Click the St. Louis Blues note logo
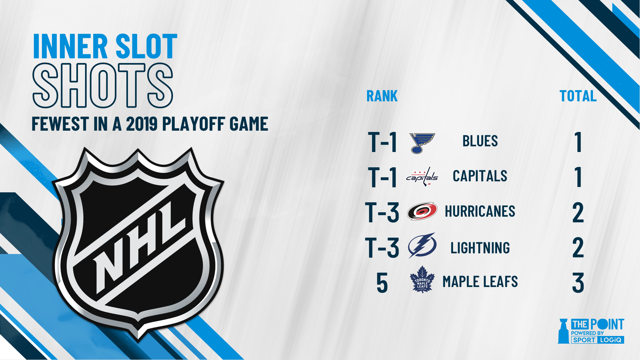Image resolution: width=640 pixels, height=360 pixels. (x=422, y=143)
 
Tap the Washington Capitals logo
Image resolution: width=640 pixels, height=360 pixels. (x=422, y=177)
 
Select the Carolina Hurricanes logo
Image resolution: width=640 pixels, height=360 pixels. (x=422, y=211)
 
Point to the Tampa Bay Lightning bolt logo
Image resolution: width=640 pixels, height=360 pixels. (x=422, y=246)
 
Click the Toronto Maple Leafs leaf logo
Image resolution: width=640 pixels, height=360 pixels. (x=422, y=280)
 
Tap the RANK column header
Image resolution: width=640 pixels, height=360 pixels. (x=382, y=96)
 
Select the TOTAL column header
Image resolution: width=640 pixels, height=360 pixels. (x=578, y=96)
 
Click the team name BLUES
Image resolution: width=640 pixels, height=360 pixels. (x=480, y=141)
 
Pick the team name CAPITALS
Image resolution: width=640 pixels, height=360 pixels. (x=480, y=176)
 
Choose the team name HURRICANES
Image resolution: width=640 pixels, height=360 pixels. (x=480, y=211)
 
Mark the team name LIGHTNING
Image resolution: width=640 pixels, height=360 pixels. (x=480, y=248)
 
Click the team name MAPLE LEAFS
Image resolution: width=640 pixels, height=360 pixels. (x=480, y=282)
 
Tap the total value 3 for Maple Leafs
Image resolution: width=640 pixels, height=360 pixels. (x=578, y=283)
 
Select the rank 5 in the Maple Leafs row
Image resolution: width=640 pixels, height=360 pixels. (x=382, y=283)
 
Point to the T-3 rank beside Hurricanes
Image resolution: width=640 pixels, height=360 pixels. (x=382, y=212)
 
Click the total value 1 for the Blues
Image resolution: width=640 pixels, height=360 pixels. (x=578, y=142)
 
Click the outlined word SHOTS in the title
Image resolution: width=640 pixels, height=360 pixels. (x=103, y=85)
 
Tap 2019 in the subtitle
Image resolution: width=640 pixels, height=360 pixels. (x=142, y=124)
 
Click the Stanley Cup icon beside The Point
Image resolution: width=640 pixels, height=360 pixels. (x=564, y=331)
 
